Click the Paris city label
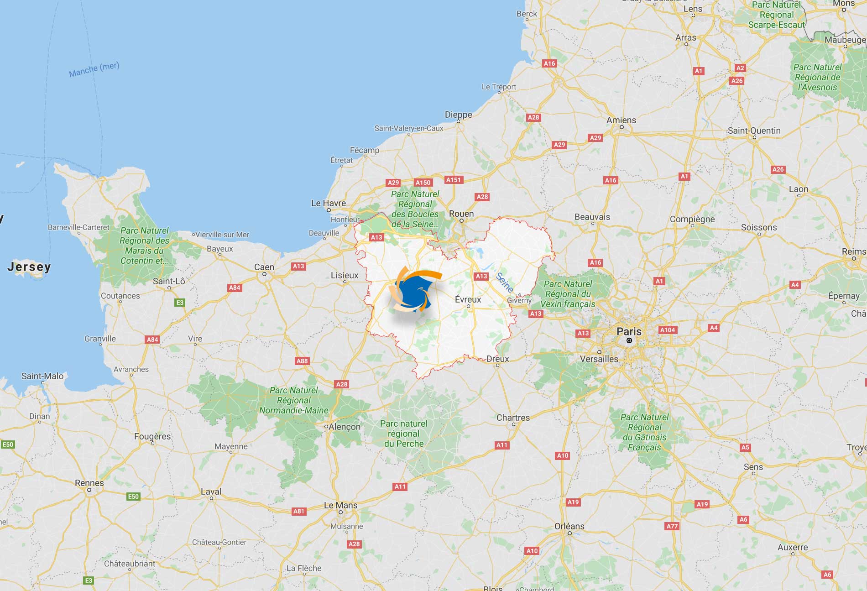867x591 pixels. point(629,332)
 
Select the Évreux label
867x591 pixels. point(468,299)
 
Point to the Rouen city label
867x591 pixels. point(461,214)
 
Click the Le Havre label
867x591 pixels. point(328,203)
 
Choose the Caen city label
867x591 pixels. point(264,267)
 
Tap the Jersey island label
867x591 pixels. point(29,267)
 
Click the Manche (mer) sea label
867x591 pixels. point(94,69)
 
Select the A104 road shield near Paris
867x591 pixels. point(667,330)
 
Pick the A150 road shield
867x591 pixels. point(423,183)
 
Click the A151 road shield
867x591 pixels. point(454,180)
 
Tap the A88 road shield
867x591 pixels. point(302,361)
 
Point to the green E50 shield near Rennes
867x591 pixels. point(133,497)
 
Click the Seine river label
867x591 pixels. point(505,282)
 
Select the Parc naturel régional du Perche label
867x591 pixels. point(404,433)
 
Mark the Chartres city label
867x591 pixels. point(513,418)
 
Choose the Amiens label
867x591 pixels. point(621,120)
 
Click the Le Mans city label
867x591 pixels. point(340,505)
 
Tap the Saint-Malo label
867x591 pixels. point(42,376)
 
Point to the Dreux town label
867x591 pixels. point(497,359)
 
